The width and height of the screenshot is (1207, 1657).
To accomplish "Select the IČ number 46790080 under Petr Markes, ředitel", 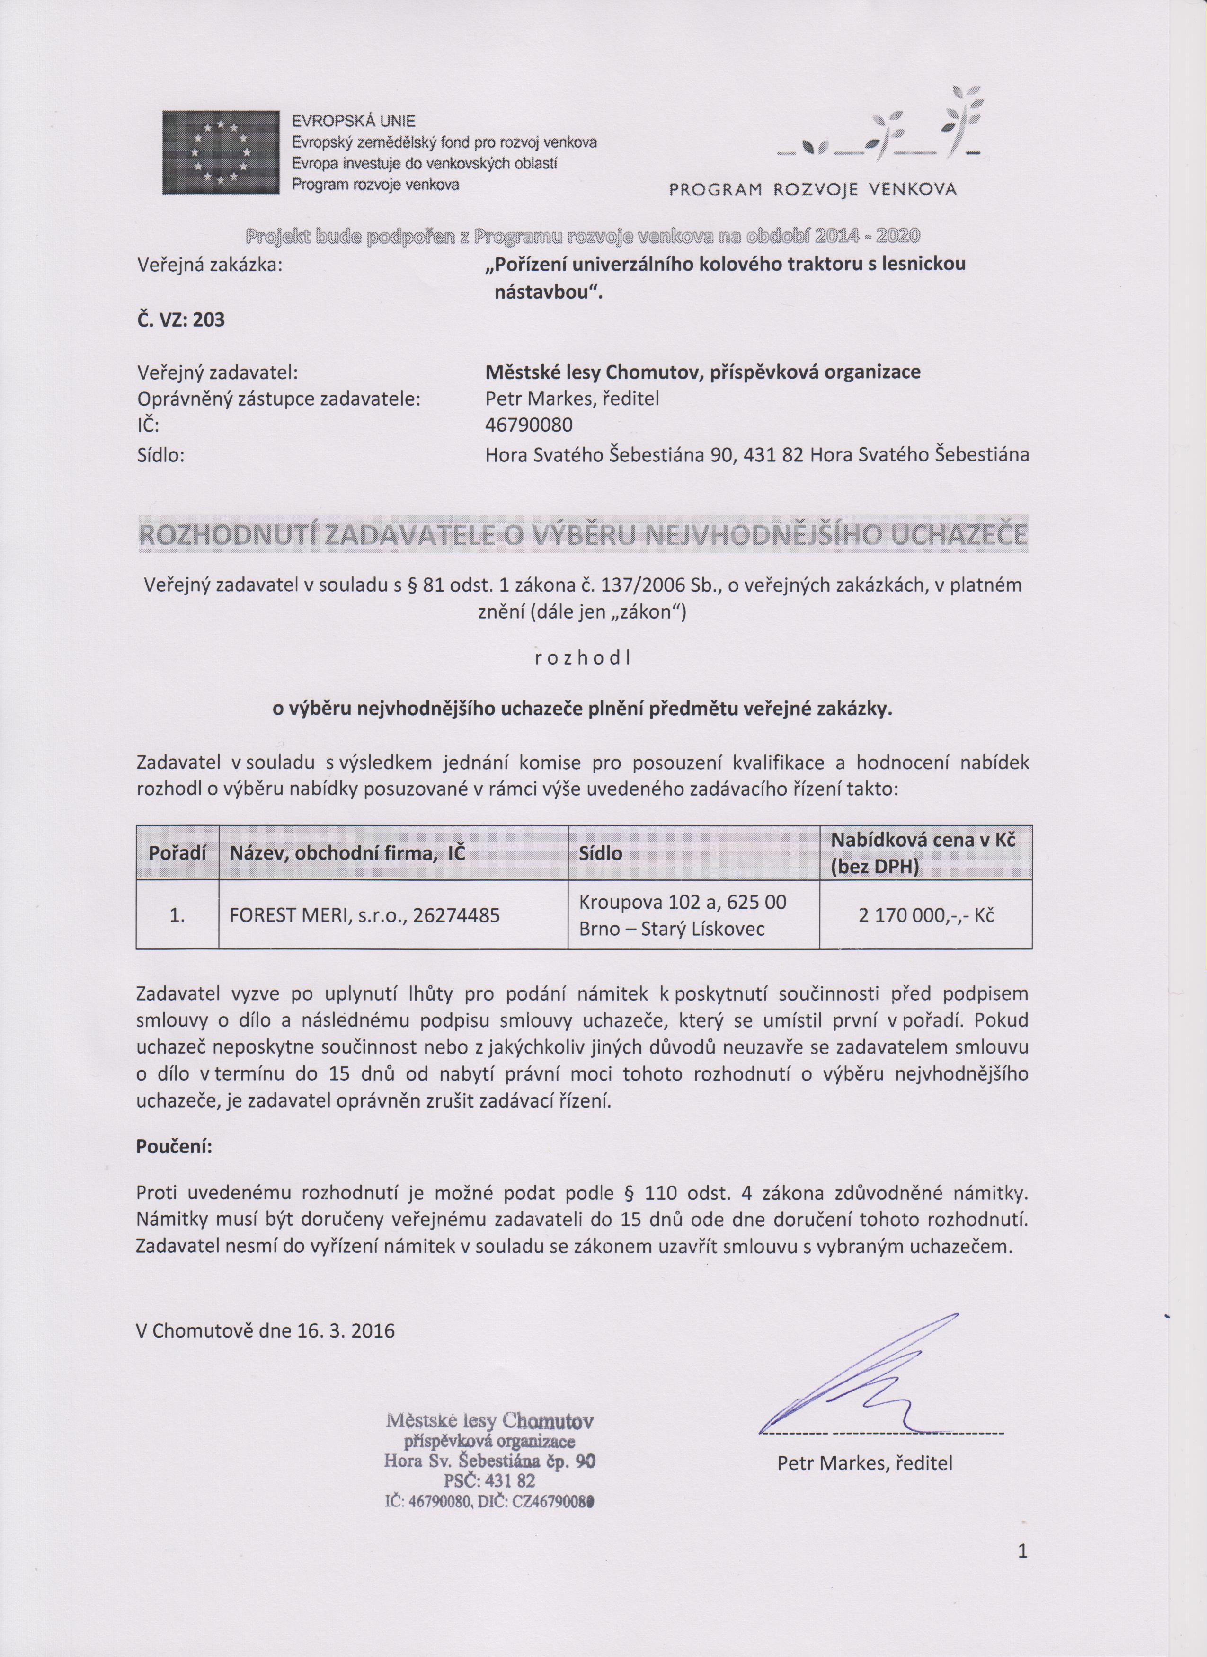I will point(529,425).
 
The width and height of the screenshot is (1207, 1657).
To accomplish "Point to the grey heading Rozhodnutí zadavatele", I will point(582,535).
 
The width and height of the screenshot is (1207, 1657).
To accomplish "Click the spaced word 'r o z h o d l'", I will point(582,657).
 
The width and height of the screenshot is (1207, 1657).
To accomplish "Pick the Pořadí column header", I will point(177,852).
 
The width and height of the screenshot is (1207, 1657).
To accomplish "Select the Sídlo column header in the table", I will point(601,852).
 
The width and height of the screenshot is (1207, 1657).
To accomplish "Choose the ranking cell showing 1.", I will point(177,914).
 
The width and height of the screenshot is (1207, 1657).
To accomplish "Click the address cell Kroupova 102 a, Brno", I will point(683,914).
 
